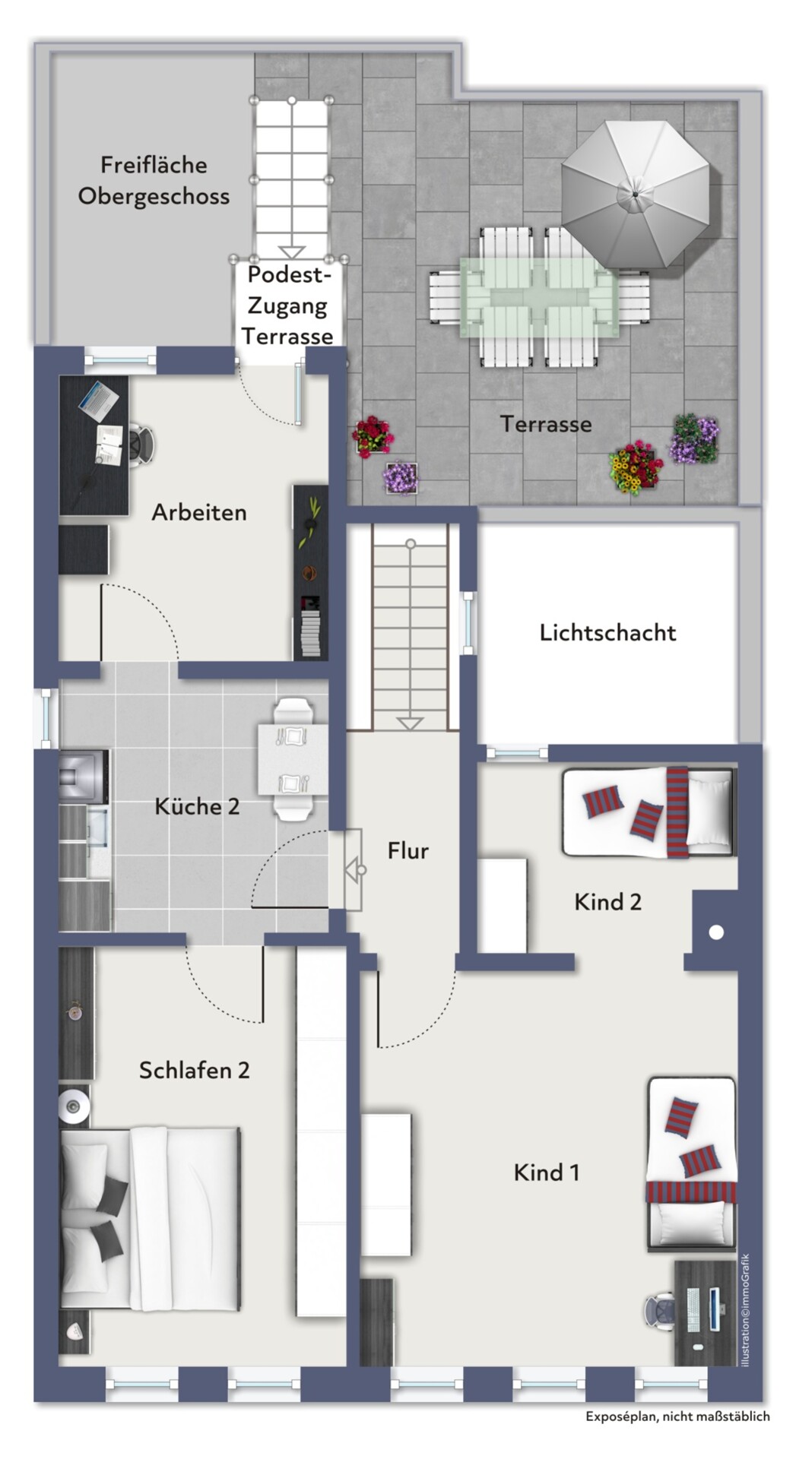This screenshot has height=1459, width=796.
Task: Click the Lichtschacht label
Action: click(x=607, y=632)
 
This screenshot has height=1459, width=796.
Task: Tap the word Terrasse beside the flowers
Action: click(x=545, y=424)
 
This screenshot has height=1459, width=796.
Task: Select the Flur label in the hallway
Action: click(x=408, y=850)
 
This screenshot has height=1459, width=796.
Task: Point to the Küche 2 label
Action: click(x=197, y=806)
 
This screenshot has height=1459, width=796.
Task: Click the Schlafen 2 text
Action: click(x=194, y=1070)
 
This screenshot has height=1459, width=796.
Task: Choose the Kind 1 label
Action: click(x=546, y=1173)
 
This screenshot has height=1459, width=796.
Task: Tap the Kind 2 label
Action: click(x=607, y=902)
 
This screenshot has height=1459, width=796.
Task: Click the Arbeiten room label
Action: click(x=199, y=512)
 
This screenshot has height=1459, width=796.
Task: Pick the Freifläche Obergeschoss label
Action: click(x=154, y=180)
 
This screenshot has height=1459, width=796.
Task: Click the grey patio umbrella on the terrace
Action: click(x=636, y=194)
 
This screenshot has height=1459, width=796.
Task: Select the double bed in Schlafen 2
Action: click(x=151, y=1219)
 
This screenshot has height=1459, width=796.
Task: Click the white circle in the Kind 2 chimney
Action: click(x=716, y=932)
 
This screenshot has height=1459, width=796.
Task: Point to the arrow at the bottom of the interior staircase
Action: click(x=410, y=723)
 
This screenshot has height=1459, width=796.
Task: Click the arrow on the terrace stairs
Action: click(x=291, y=252)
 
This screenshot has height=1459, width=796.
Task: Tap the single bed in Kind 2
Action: click(x=649, y=812)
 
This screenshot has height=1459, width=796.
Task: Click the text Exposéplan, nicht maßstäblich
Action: click(x=677, y=1416)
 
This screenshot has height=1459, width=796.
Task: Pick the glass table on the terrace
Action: click(x=539, y=296)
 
